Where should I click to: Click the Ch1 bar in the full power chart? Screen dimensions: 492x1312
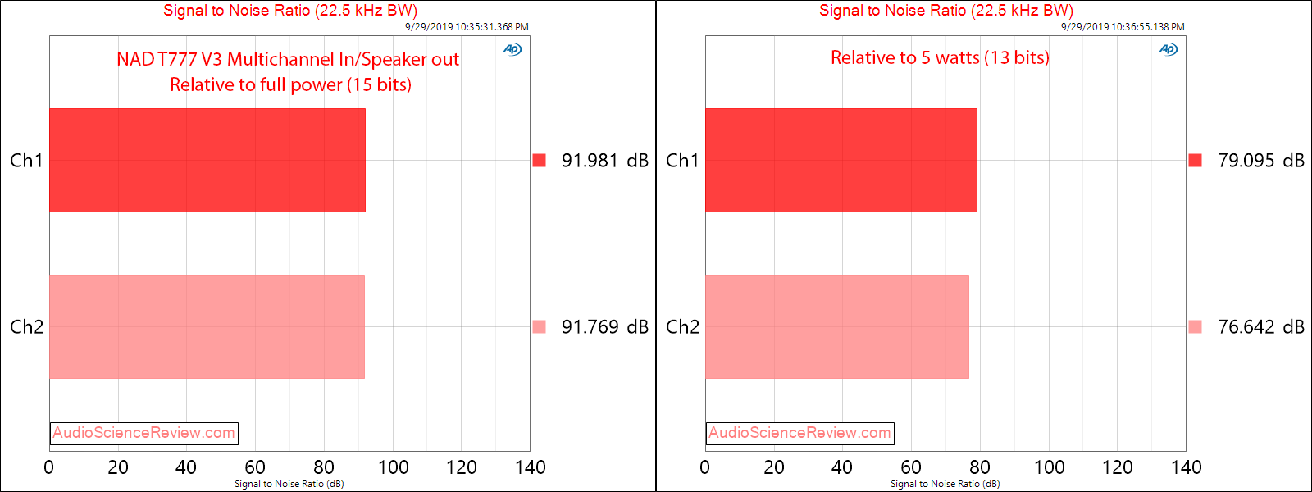coord(207,160)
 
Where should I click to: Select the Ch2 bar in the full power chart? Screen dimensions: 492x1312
coord(207,326)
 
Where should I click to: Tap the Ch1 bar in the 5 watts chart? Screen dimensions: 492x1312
coord(840,160)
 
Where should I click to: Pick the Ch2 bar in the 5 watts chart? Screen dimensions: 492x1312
coord(836,326)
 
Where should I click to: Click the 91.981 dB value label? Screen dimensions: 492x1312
coord(604,161)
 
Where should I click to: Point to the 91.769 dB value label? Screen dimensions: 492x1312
coord(604,327)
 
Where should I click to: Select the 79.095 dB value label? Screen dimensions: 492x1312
coord(1260,161)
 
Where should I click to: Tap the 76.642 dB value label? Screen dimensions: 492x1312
coord(1260,327)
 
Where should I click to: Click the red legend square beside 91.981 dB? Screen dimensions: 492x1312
coord(539,160)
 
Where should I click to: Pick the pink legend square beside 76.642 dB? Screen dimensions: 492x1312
coord(1195,326)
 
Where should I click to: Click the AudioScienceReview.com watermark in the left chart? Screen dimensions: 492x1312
coord(144,433)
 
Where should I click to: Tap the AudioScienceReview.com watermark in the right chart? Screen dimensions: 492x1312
coord(800,433)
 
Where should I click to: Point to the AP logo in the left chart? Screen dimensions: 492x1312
coord(512,49)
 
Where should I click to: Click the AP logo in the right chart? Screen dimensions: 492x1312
coord(1168,49)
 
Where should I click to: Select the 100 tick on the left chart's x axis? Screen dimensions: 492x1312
coord(393,467)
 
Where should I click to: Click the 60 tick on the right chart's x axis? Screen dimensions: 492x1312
coord(911,467)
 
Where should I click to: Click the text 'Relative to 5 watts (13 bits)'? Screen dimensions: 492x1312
coord(940,57)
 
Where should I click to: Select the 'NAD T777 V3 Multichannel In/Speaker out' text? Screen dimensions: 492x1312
coord(288,59)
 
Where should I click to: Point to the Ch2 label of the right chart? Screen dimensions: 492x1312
coord(682,327)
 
